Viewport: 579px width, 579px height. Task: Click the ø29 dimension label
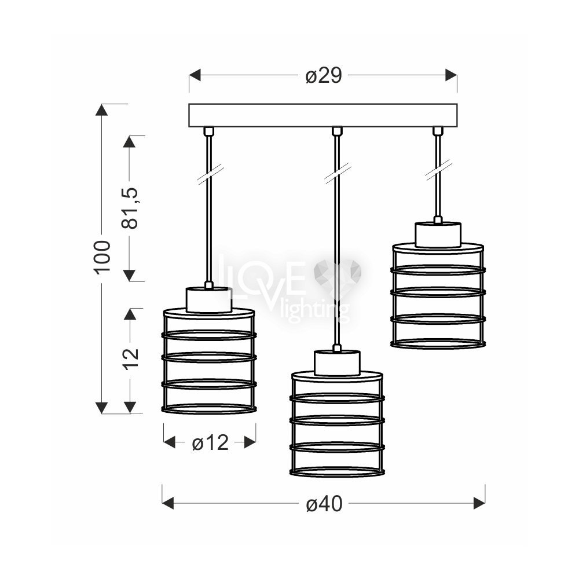324,76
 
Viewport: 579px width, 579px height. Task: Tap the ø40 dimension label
324,503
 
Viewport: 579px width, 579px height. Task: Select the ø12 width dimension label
210,442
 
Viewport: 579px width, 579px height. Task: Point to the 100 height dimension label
102,257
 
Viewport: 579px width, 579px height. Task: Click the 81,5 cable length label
130,208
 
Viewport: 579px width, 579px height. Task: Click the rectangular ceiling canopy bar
323,115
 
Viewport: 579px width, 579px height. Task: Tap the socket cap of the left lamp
209,300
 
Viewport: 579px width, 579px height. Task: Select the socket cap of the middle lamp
337,363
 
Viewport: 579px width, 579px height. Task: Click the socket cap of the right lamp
438,234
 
